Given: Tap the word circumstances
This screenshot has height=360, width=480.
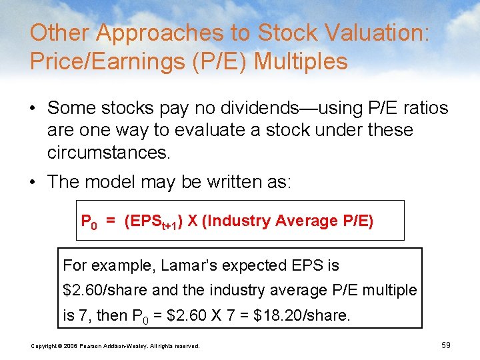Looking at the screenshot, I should click(109, 152).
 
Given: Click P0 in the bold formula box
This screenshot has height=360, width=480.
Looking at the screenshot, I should click(89, 221).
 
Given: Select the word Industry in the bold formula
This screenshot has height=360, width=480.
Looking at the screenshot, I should click(239, 221).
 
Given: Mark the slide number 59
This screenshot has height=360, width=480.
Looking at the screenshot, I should click(446, 345).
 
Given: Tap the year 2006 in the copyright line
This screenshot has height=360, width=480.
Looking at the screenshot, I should click(69, 345).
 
